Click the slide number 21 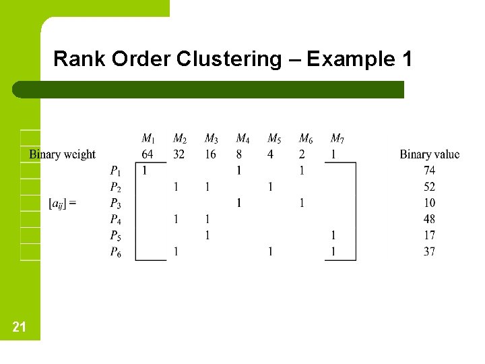[x=20, y=327]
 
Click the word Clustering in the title [x=229, y=59]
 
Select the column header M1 [x=148, y=139]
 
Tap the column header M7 [x=337, y=139]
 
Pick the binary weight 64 [x=148, y=154]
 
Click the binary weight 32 [x=179, y=154]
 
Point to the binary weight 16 [x=210, y=154]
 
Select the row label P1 [x=116, y=171]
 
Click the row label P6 [x=116, y=251]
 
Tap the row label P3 [x=116, y=203]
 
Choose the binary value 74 [x=429, y=171]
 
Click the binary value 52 [x=429, y=187]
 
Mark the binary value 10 [x=429, y=203]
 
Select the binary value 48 [x=429, y=219]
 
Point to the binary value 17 [x=429, y=235]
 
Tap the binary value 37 [x=429, y=251]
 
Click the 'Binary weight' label [x=62, y=154]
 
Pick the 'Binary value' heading [x=429, y=154]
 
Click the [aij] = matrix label [x=62, y=203]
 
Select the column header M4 [x=243, y=139]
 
